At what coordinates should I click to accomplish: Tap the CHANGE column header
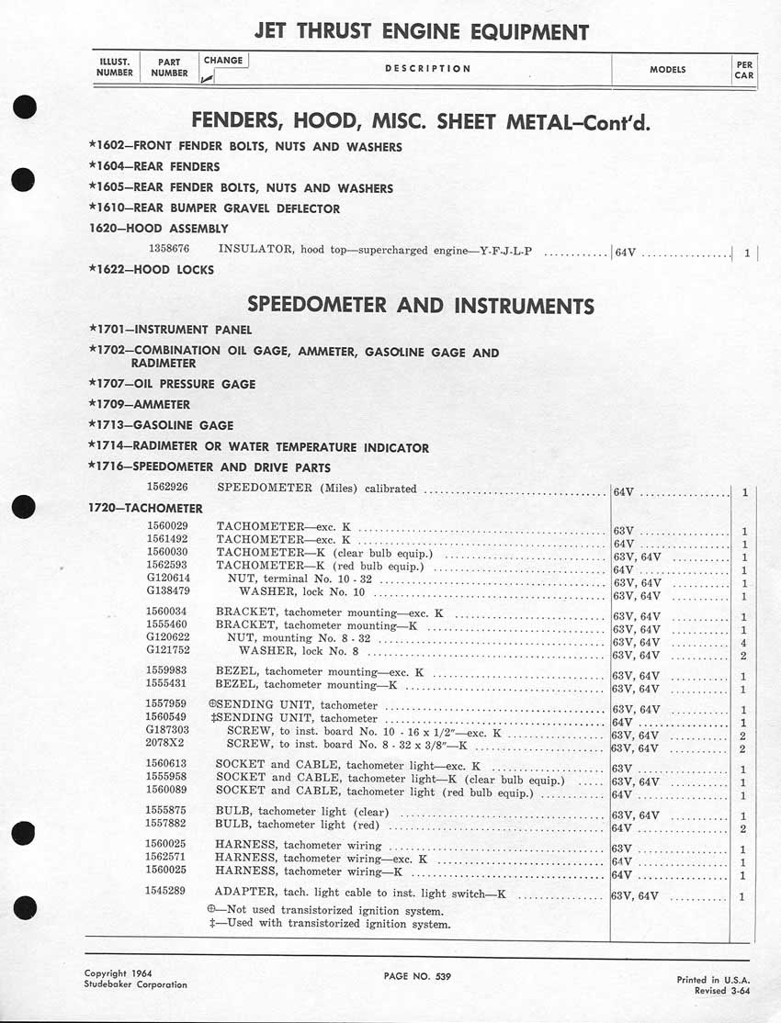pos(223,61)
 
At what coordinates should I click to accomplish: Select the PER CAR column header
pos(743,70)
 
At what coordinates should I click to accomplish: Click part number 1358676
pos(168,249)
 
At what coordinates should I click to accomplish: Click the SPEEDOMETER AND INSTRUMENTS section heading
pos(421,306)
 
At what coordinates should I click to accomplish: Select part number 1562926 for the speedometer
pos(168,488)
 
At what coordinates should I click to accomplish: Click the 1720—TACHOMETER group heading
pos(145,508)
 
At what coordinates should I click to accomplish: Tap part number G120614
pos(168,581)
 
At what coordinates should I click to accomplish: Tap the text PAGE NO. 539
pos(417,975)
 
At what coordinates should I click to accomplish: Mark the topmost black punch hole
pos(25,107)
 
